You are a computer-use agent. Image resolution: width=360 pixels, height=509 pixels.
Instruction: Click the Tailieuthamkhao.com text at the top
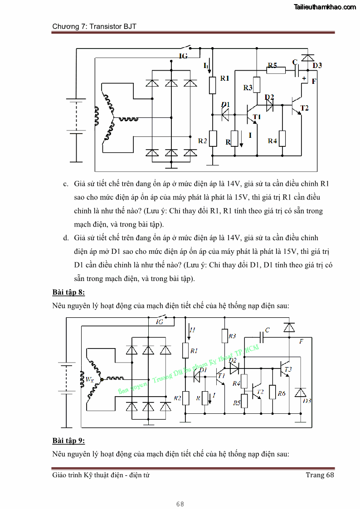(325, 7)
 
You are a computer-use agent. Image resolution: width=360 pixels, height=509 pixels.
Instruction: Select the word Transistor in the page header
(106, 26)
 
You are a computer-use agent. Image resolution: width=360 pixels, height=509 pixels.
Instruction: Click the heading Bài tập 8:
(68, 291)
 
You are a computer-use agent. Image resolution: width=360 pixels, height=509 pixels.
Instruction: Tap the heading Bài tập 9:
(68, 441)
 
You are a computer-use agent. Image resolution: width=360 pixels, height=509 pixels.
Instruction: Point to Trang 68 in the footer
(320, 475)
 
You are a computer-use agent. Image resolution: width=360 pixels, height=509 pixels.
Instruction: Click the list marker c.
(66, 184)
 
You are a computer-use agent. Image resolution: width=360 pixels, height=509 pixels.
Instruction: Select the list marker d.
(66, 238)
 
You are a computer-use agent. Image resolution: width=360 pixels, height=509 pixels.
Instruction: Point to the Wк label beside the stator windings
(89, 380)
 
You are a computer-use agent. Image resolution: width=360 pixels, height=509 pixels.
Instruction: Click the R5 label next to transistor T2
(237, 402)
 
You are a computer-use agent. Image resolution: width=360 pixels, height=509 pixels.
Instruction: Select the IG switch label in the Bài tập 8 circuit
(160, 322)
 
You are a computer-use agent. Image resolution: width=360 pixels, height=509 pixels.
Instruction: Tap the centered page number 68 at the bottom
(180, 504)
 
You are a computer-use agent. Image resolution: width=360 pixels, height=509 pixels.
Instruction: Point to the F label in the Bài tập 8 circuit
(301, 341)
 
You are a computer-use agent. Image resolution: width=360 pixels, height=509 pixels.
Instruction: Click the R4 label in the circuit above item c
(272, 141)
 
